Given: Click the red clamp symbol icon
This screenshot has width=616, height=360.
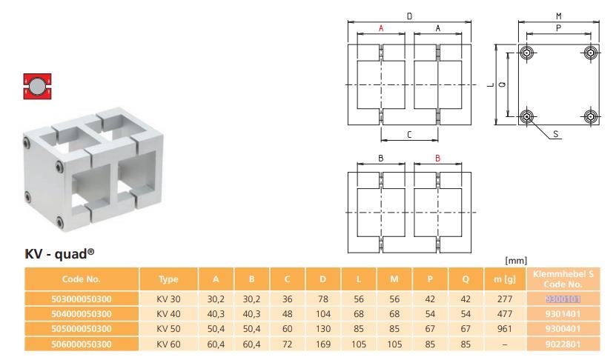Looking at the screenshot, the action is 37,86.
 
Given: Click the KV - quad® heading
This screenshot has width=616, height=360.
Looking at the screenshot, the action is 60,254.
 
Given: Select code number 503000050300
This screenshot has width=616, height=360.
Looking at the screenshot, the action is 82,299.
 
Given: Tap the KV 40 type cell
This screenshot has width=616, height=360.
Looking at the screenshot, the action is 168,314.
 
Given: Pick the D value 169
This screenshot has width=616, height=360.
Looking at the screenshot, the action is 323,344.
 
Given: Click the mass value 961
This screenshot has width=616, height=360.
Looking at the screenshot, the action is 504,329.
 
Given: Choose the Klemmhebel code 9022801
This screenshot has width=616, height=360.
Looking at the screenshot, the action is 563,344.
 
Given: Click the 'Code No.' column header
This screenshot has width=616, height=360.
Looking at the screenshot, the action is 82,279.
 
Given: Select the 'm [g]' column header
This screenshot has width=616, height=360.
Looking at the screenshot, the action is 504,279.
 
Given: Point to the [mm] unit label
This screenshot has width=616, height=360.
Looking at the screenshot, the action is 516,260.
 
